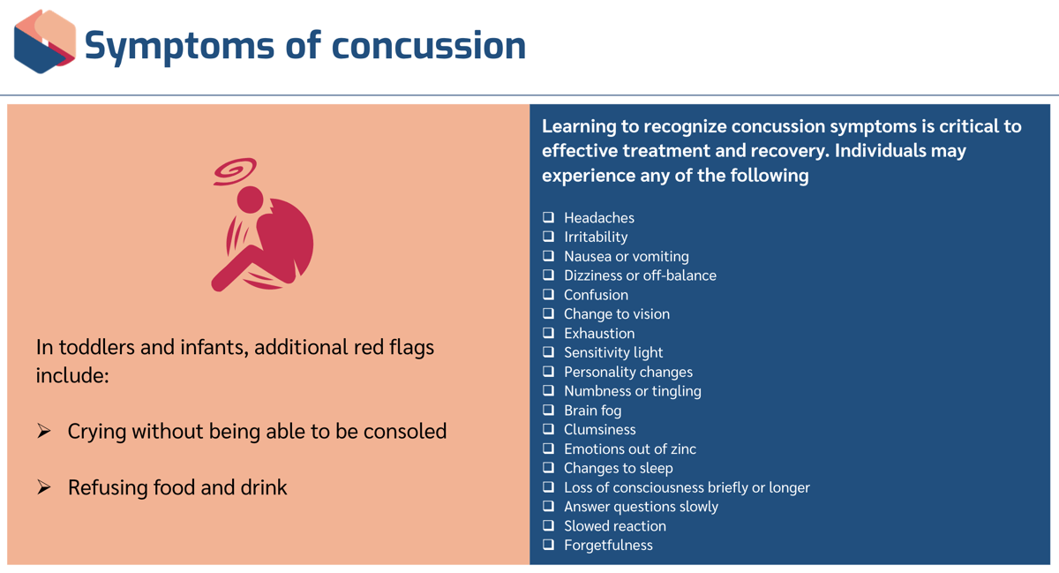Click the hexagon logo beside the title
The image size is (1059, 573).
(x=45, y=41)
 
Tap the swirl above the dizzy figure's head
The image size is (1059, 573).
(x=235, y=170)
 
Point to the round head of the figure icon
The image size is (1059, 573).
(x=250, y=200)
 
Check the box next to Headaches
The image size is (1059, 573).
(x=548, y=217)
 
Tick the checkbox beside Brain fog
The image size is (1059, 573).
(x=548, y=410)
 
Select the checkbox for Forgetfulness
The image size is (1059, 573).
(x=548, y=545)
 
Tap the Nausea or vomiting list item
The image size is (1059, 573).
(x=626, y=256)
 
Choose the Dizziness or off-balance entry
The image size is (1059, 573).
(x=640, y=275)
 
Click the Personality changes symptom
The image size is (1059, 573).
(x=627, y=372)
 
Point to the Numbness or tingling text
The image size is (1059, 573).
(x=632, y=391)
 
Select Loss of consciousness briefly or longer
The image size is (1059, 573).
(x=686, y=487)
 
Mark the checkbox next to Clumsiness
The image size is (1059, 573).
(x=548, y=429)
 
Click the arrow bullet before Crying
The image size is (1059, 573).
(x=44, y=431)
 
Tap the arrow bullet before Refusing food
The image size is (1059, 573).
(x=44, y=487)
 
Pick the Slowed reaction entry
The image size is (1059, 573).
(x=614, y=526)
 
